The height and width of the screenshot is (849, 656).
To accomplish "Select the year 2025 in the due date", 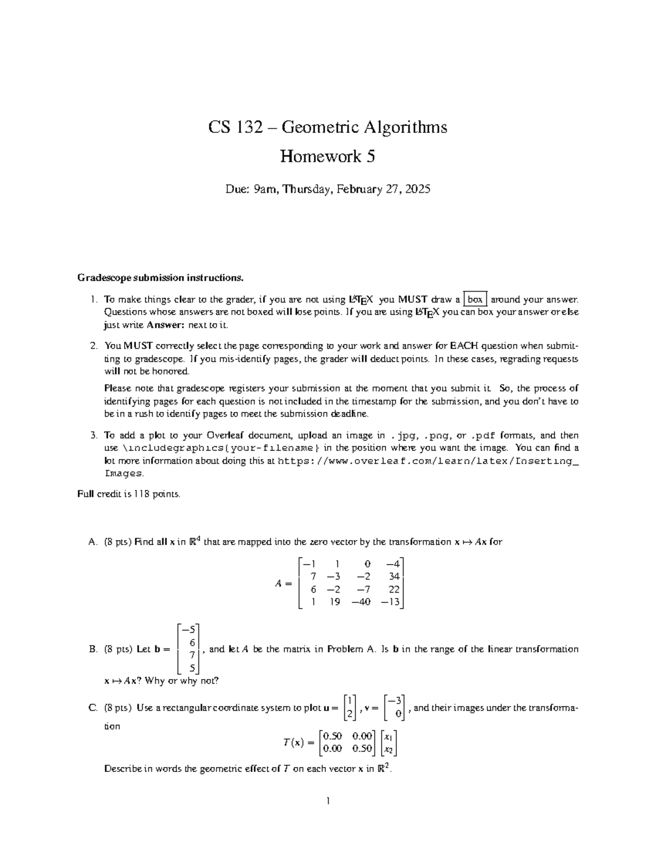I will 418,189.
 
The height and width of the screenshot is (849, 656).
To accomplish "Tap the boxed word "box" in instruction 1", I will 475,300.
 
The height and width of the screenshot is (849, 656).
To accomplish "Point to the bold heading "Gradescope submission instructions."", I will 160,278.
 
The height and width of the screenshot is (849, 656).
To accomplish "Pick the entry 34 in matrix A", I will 394,576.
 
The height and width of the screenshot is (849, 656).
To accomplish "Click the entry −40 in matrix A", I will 361,602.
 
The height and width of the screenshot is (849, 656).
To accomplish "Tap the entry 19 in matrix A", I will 335,602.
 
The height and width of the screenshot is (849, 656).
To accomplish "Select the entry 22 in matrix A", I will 394,589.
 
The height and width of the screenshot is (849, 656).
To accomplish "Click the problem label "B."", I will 92,649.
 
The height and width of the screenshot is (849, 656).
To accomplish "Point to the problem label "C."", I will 92,708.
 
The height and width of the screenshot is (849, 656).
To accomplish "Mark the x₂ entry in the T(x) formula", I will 389,749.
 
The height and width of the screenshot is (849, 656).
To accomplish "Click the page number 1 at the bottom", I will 327,801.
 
